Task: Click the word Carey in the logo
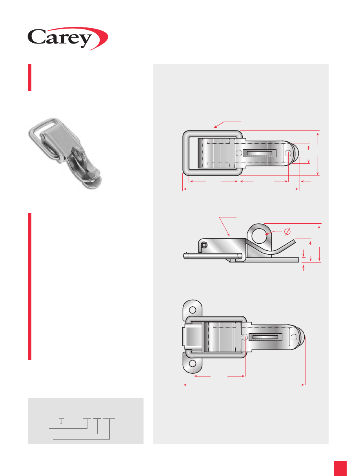(x=60, y=38)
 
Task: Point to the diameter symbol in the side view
(x=287, y=232)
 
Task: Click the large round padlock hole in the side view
(x=259, y=235)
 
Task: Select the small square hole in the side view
(x=204, y=245)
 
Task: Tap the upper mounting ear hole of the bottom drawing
(x=193, y=309)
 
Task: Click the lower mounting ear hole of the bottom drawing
(x=193, y=364)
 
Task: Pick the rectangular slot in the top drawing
(x=259, y=153)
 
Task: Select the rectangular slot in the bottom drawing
(x=265, y=337)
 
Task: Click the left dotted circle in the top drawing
(x=239, y=153)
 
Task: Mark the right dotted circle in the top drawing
(x=288, y=153)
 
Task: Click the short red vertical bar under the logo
(x=29, y=78)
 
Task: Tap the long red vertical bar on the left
(x=29, y=286)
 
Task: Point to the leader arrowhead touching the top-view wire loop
(x=215, y=127)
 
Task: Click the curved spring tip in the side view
(x=294, y=241)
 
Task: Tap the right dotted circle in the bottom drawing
(x=294, y=337)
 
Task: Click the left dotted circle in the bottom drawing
(x=245, y=337)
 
